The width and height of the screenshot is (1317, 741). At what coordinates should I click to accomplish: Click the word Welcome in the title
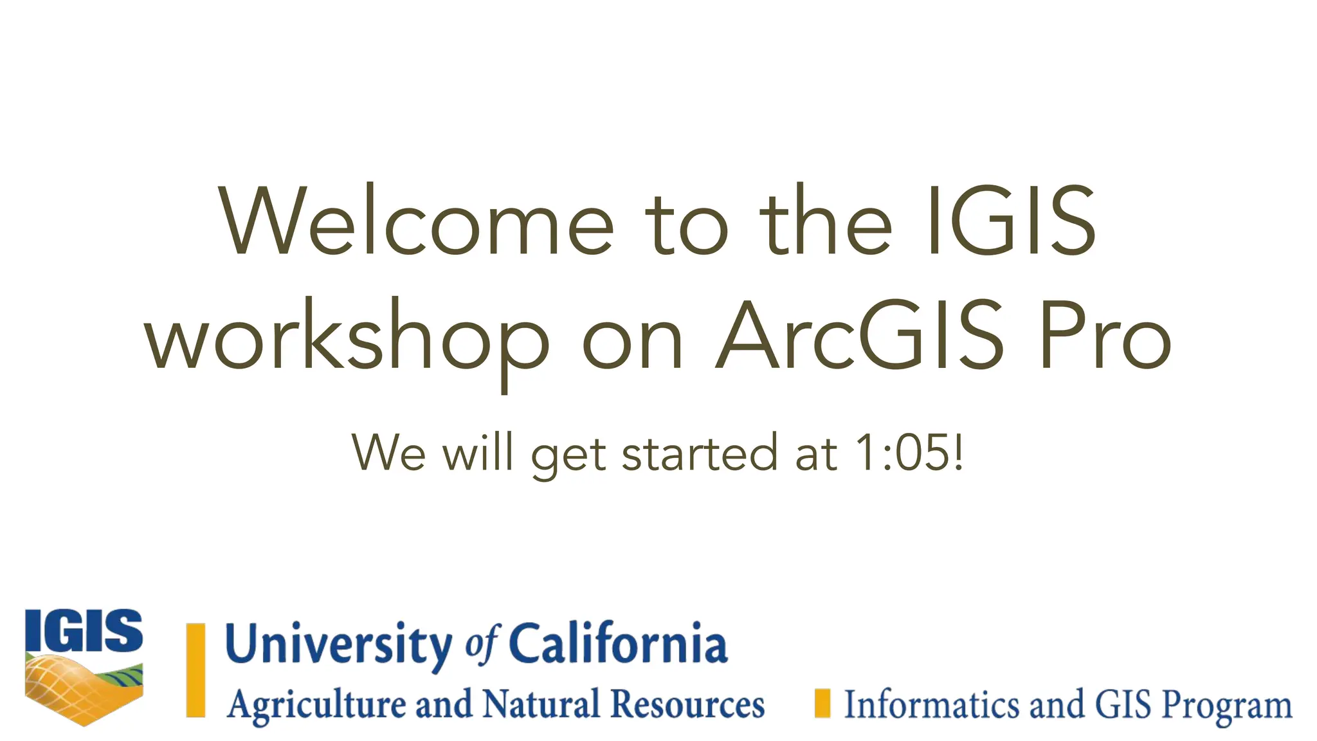(x=417, y=222)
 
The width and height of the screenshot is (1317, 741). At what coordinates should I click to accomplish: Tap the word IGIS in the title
(x=1011, y=222)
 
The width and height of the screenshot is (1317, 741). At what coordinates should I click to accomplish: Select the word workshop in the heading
(x=347, y=338)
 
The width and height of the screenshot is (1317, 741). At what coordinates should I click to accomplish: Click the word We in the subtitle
(x=388, y=453)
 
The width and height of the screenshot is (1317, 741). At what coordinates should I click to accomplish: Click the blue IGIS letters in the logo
(x=84, y=631)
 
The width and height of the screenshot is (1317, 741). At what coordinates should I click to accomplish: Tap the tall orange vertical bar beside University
(x=195, y=670)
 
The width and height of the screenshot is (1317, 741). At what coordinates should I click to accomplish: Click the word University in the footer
(x=339, y=644)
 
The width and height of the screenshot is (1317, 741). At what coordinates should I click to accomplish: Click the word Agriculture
(x=317, y=705)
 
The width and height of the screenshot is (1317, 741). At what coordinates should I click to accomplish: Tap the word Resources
(x=687, y=704)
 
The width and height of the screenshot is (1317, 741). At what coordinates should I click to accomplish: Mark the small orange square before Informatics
(x=822, y=703)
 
